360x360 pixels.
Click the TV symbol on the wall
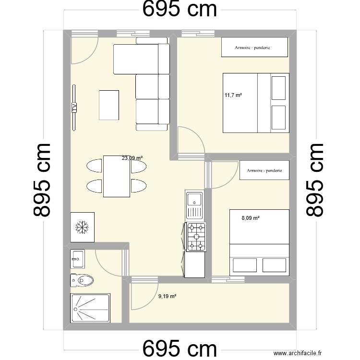tap(74, 108)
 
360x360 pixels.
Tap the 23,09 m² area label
tap(132, 158)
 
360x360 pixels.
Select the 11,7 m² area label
tap(233, 95)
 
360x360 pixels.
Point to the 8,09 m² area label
tap(251, 218)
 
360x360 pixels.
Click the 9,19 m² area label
tap(167, 296)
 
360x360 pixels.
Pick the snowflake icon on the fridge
tap(82, 228)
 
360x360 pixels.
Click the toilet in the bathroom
tap(82, 280)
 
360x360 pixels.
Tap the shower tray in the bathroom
tap(90, 308)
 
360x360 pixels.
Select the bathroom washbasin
tap(77, 259)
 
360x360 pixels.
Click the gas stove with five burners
tap(196, 237)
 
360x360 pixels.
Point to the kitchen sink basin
tap(194, 199)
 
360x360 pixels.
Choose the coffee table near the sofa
tap(109, 105)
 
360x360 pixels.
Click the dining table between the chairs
tap(117, 176)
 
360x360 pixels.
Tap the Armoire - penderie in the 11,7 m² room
tap(254, 47)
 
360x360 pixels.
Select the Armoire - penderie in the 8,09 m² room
tap(264, 170)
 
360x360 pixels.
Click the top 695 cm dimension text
tap(180, 9)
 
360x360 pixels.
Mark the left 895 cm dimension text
tap(42, 180)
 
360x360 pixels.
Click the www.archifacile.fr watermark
tap(298, 353)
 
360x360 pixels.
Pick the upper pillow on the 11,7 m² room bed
tap(278, 88)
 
